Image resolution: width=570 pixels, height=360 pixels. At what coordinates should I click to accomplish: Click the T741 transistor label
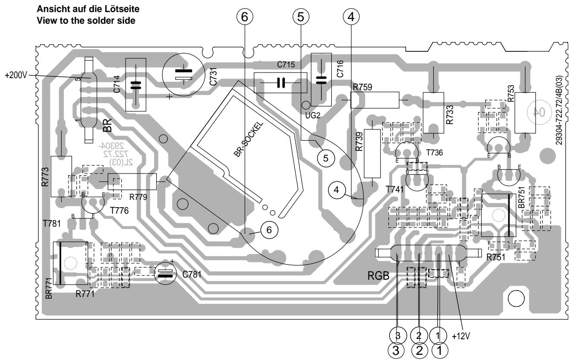pyautogui.click(x=394, y=189)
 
